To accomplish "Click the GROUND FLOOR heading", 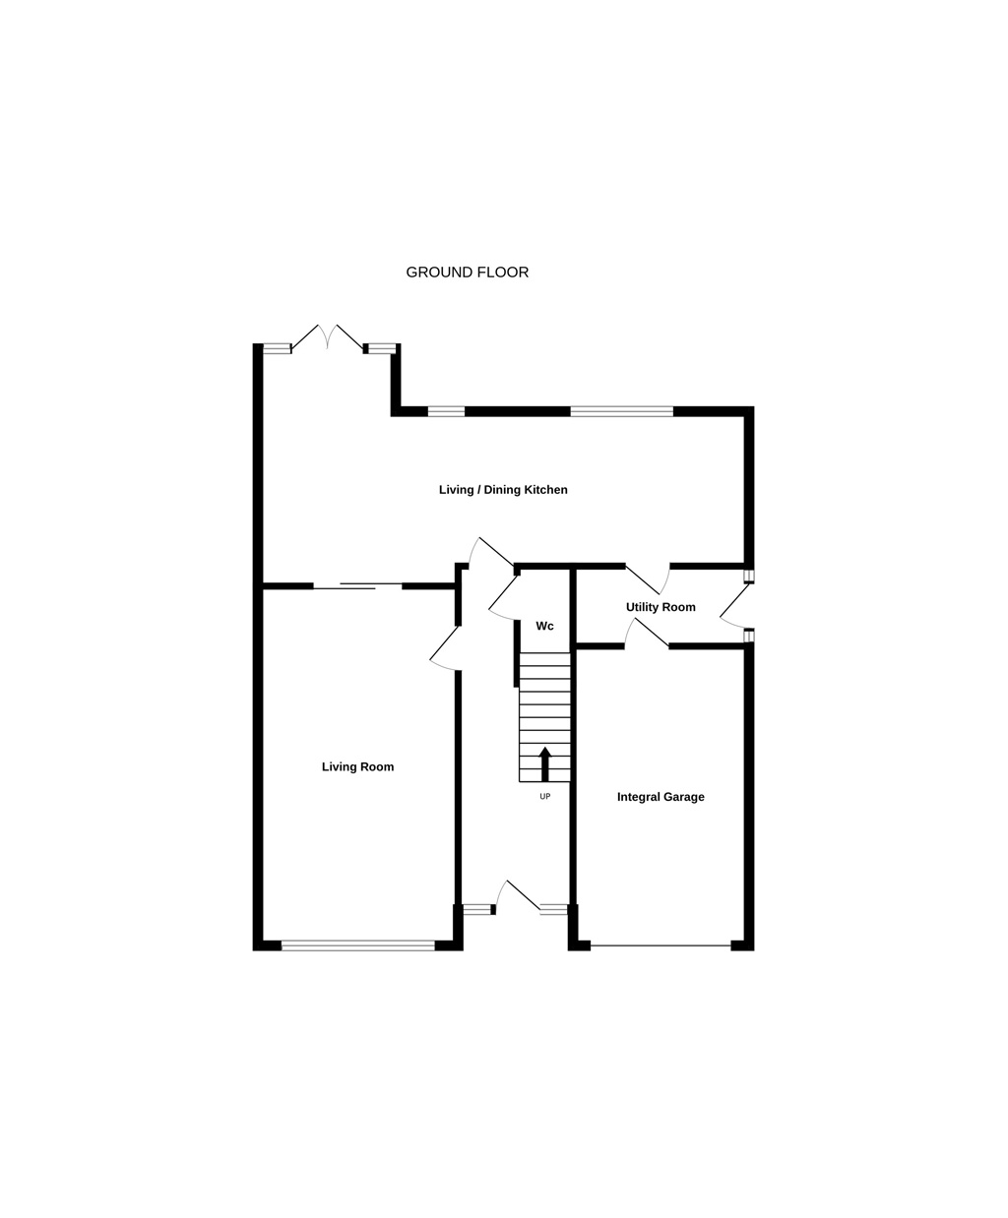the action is pos(467,273).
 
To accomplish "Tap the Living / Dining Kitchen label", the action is pos(503,489).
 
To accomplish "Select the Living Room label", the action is pos(357,766).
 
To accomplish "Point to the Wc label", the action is pos(544,626).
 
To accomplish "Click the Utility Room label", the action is pos(661,607).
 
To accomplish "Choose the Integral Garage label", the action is pos(661,797).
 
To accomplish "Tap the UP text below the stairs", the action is pos(544,796).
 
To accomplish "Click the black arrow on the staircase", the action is pos(544,763).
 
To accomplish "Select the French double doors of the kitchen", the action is pos(328,338).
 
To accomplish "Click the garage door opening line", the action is pos(661,945).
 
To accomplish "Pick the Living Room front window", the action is pos(358,945).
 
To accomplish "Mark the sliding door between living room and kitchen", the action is pos(357,585).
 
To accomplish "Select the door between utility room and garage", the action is pos(647,633).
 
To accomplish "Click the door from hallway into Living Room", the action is pos(445,648).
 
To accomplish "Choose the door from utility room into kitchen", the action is pos(648,579).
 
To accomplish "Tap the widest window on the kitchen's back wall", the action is pos(621,411).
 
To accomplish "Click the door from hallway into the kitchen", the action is pos(491,551).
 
